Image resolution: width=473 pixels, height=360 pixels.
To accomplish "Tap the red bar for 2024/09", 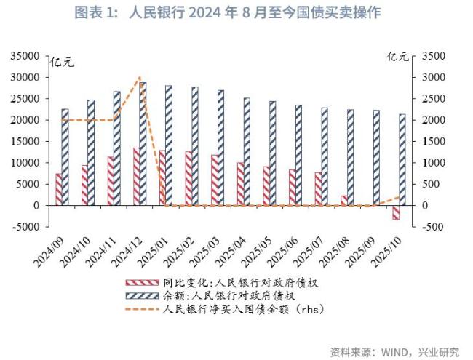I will pos(59,189).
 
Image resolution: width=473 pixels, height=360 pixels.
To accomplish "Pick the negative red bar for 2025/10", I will pos(396,212).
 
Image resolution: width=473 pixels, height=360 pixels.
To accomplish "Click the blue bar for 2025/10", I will pos(402,159).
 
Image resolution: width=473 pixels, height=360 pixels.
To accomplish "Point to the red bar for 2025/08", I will pos(343,200).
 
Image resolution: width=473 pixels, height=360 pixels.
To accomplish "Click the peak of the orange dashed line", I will pos(138,77).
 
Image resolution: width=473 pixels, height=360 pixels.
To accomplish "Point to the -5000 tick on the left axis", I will pos(26,227).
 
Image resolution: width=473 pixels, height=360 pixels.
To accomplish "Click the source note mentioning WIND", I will pos(394,351).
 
